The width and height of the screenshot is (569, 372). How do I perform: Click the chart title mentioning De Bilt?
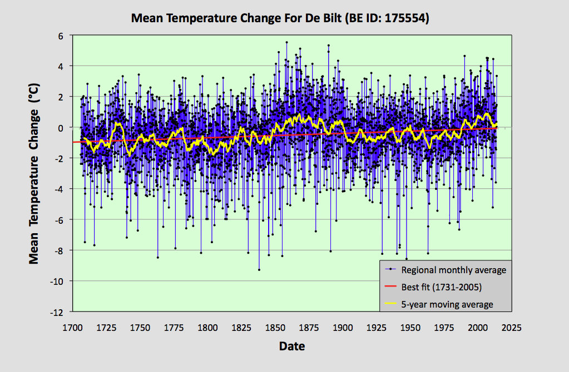[280, 18]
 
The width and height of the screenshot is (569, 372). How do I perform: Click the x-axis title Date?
[292, 346]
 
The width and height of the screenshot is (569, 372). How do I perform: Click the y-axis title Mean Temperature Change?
[34, 174]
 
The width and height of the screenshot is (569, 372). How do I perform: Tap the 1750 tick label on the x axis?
[140, 328]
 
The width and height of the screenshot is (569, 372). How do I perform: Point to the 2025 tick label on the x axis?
[511, 328]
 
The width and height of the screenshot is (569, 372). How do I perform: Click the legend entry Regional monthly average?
[453, 270]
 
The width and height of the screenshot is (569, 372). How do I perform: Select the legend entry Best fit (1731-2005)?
[441, 288]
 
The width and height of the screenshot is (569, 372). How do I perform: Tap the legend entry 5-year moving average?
[447, 304]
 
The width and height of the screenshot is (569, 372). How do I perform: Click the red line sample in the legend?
[390, 288]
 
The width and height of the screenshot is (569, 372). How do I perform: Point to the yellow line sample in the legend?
[390, 304]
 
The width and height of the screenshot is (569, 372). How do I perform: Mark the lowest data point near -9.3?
[259, 270]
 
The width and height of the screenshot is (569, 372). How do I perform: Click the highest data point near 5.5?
[286, 42]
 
